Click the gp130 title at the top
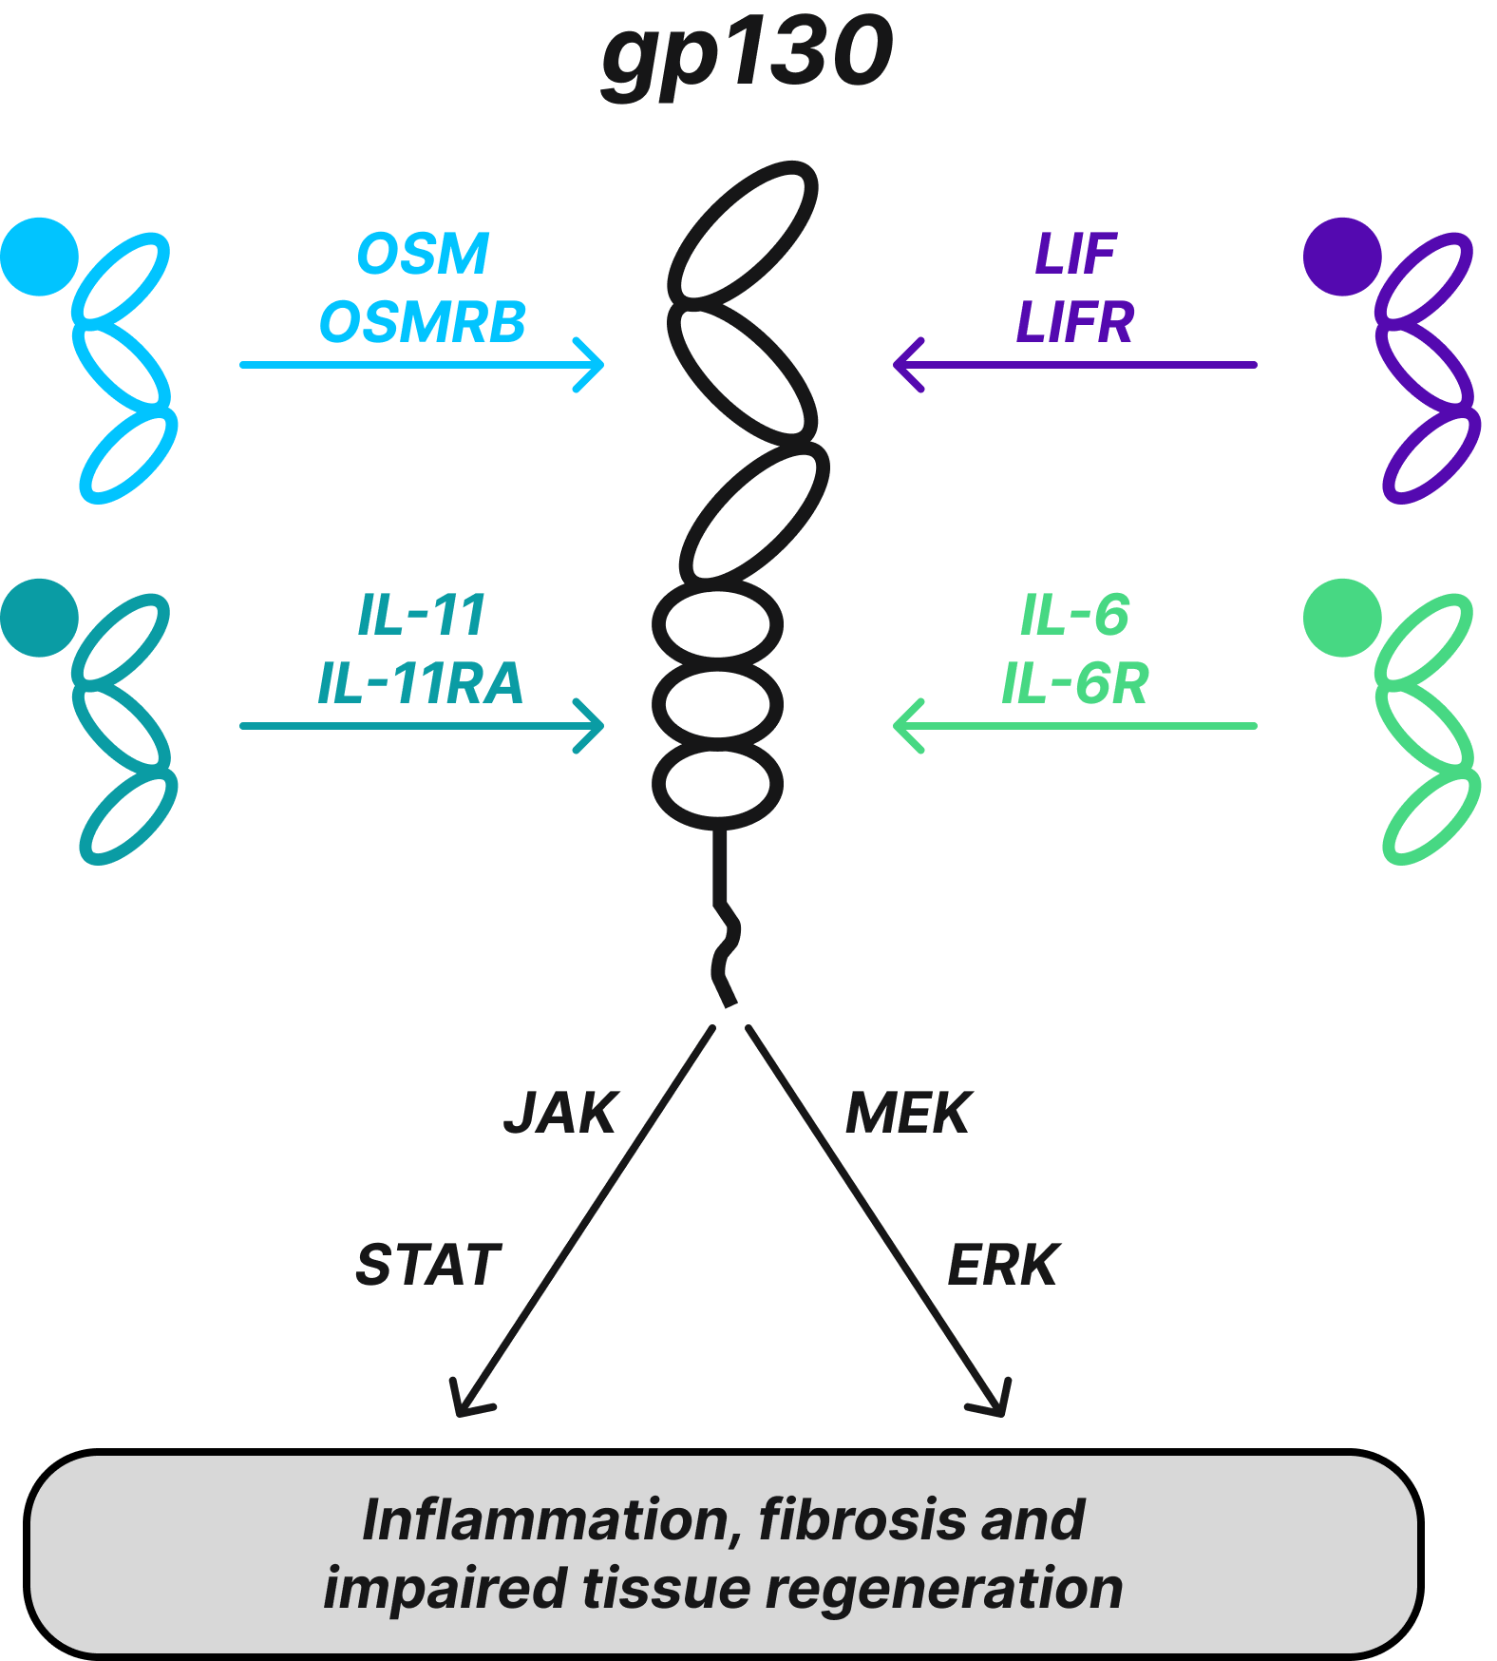[748, 54]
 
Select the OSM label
[423, 255]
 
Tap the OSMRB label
[423, 322]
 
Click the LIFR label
[1075, 322]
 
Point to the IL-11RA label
[421, 683]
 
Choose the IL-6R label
[1075, 683]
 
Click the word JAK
[561, 1113]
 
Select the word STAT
[428, 1265]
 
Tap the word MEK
[909, 1113]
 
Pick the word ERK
[1003, 1265]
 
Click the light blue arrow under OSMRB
[422, 365]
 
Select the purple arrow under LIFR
[1075, 365]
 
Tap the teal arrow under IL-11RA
[422, 726]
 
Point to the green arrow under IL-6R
[1075, 726]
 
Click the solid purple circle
[1342, 257]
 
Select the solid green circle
[1342, 618]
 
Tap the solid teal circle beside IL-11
[39, 618]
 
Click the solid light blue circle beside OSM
[39, 257]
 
